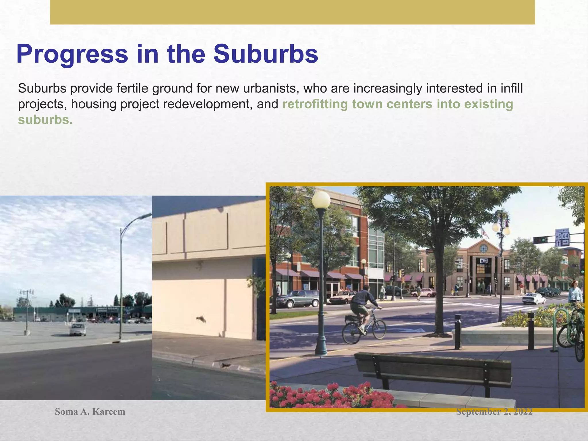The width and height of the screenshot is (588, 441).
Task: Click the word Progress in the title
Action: click(x=72, y=55)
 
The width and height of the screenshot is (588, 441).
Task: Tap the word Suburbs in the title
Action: click(x=266, y=54)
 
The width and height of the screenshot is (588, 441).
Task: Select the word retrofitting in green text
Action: click(x=315, y=104)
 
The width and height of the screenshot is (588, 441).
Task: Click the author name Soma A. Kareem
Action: click(x=90, y=412)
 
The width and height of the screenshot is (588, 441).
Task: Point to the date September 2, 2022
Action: click(x=494, y=412)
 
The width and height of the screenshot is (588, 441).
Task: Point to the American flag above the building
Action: click(x=485, y=233)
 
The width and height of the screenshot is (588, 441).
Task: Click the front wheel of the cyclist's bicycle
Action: click(x=379, y=329)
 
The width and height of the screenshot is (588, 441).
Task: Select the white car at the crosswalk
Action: click(x=533, y=299)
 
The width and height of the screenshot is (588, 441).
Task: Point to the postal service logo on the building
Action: click(x=484, y=261)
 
